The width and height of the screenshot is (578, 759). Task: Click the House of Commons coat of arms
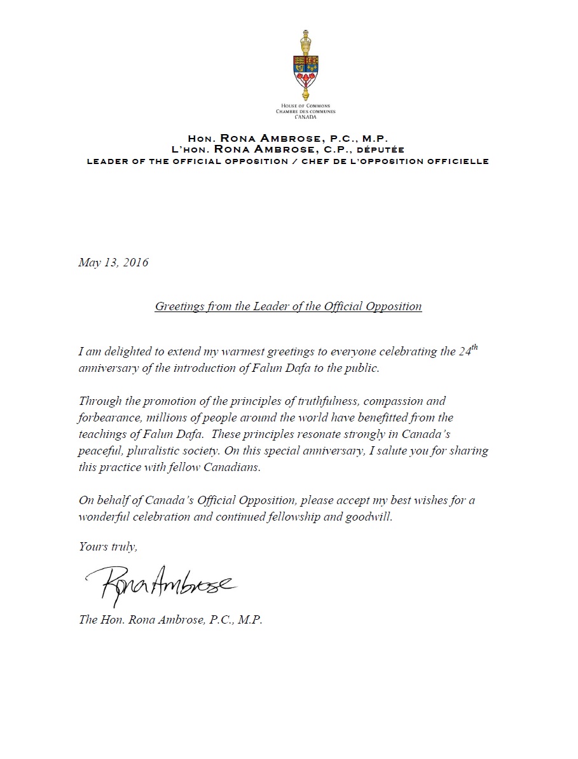(x=305, y=64)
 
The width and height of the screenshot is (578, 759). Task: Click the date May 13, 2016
(x=113, y=262)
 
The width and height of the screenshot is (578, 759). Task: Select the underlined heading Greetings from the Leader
(x=288, y=306)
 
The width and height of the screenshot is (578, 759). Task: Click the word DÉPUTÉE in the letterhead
(x=381, y=149)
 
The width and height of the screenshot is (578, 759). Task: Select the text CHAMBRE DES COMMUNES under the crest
(x=305, y=111)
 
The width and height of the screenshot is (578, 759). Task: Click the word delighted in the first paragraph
(x=114, y=352)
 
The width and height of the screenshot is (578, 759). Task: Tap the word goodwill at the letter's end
(x=368, y=517)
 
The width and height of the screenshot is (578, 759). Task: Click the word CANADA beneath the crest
(x=305, y=117)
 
